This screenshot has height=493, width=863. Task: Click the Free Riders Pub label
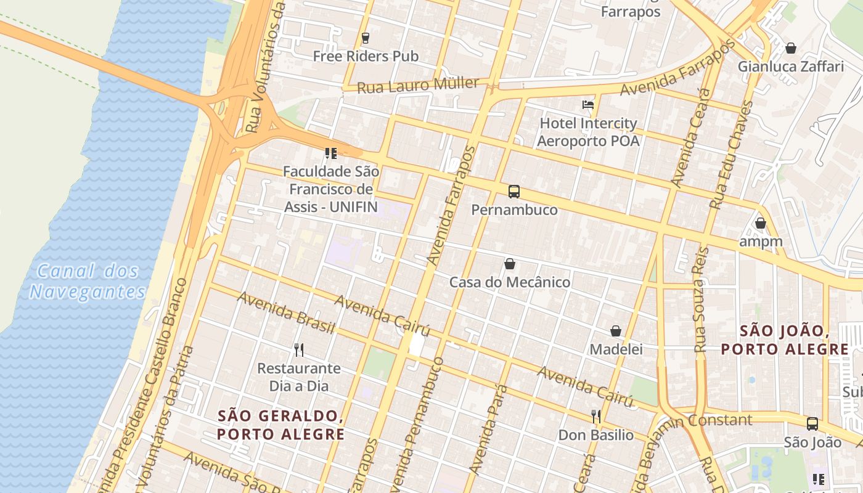coord(366,56)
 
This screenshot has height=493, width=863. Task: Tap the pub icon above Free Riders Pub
coord(366,38)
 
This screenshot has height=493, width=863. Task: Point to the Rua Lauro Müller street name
coord(418,85)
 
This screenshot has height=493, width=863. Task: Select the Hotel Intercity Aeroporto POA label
coord(588,132)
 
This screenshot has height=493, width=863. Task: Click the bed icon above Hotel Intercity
coord(588,105)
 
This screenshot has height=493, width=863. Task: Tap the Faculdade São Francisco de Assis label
coord(331,189)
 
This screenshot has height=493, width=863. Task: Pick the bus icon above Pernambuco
coord(514,192)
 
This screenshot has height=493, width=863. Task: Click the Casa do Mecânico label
coord(510,282)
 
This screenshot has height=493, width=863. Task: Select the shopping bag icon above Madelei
coord(616,332)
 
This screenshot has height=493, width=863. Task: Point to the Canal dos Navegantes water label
coord(87,281)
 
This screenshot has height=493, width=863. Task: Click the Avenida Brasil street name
coord(286,313)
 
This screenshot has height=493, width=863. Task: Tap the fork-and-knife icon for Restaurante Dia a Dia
coord(299,350)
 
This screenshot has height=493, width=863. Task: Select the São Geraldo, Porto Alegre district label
coord(280,425)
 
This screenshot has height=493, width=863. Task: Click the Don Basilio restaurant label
coord(595,435)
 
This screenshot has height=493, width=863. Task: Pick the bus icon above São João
coord(812,424)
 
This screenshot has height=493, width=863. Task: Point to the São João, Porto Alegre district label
coord(785,340)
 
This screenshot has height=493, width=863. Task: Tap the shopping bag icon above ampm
coord(761,223)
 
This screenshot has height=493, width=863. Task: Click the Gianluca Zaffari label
coord(791,67)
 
